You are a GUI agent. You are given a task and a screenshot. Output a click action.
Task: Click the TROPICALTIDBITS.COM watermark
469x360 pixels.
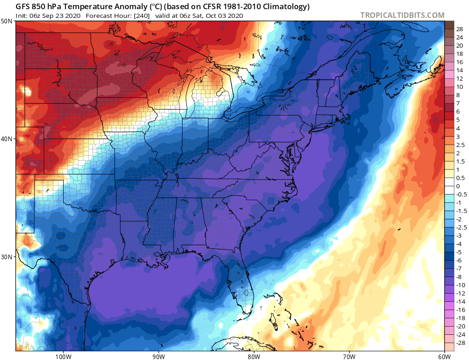[402, 15]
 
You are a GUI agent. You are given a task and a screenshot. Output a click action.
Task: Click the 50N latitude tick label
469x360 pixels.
[7, 22]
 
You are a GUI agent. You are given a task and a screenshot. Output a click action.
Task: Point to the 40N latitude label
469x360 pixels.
[7, 139]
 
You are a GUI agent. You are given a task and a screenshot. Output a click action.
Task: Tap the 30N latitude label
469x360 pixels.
[7, 256]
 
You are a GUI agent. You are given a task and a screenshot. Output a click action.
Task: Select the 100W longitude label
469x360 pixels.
[63, 356]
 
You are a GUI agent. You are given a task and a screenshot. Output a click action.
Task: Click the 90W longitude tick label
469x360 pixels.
[158, 356]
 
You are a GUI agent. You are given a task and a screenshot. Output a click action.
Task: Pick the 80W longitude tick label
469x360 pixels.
[254, 356]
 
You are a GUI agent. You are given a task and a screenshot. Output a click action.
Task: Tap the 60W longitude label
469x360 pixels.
[444, 356]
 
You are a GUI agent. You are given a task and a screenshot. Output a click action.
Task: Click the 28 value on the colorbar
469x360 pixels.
[459, 28]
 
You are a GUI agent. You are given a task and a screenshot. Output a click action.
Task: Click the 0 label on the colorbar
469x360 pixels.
[458, 186]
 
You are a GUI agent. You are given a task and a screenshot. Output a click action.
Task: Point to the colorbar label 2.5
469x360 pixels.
[460, 145]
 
